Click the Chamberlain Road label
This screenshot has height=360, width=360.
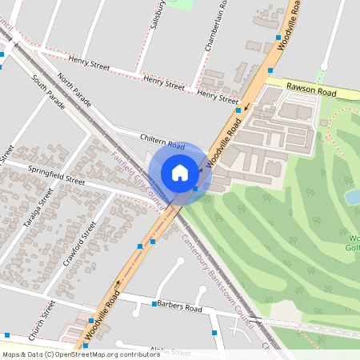[214, 28]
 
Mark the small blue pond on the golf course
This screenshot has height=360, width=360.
[352, 196]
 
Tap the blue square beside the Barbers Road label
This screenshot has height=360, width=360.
[154, 304]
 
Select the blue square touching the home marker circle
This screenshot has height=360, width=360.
[196, 190]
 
